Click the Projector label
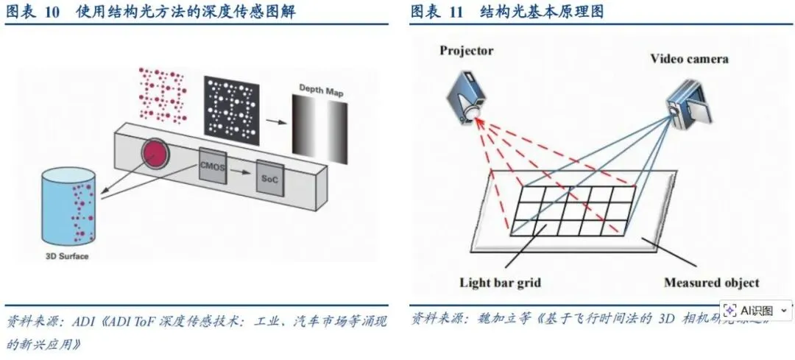tap(466, 51)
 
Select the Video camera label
tap(688, 59)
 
